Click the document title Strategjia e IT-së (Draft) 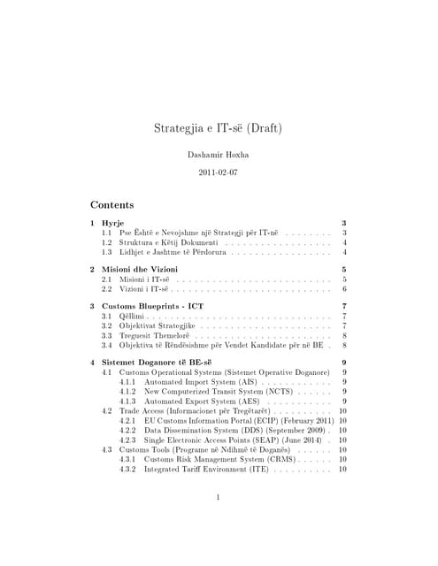[x=219, y=128]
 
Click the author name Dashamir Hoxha [x=219, y=155]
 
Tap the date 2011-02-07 [x=219, y=175]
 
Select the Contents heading [x=112, y=204]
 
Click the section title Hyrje [x=113, y=222]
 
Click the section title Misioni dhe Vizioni [x=140, y=269]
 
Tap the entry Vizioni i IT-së [x=144, y=289]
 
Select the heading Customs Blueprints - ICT [x=153, y=306]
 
